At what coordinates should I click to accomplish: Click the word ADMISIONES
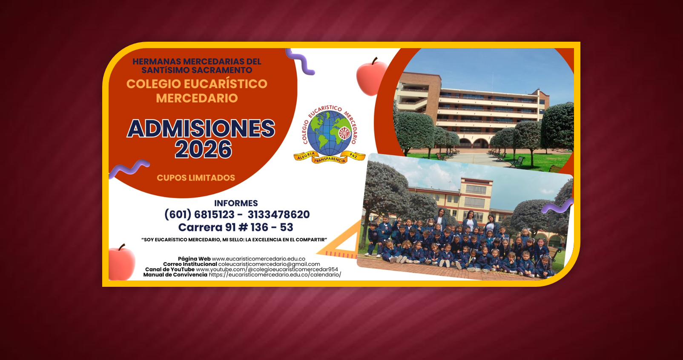click(x=201, y=129)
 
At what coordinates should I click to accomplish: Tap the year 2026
click(x=204, y=149)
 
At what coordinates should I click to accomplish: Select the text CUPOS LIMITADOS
click(x=196, y=178)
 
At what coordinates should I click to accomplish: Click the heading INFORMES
click(x=236, y=203)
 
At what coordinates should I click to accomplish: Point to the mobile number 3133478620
click(x=278, y=214)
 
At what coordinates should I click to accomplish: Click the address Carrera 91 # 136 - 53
click(x=235, y=227)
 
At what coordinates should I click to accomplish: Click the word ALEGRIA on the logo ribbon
click(x=306, y=156)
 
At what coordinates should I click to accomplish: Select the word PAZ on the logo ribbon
click(x=353, y=156)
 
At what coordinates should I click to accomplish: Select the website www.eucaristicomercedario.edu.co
click(x=258, y=259)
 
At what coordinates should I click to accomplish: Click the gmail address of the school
click(x=269, y=264)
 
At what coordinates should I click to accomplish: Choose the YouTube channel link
click(x=267, y=269)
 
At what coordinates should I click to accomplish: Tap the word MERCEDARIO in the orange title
click(x=197, y=98)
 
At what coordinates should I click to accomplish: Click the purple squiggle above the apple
click(x=300, y=62)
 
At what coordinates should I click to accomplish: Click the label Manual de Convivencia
click(x=175, y=274)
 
